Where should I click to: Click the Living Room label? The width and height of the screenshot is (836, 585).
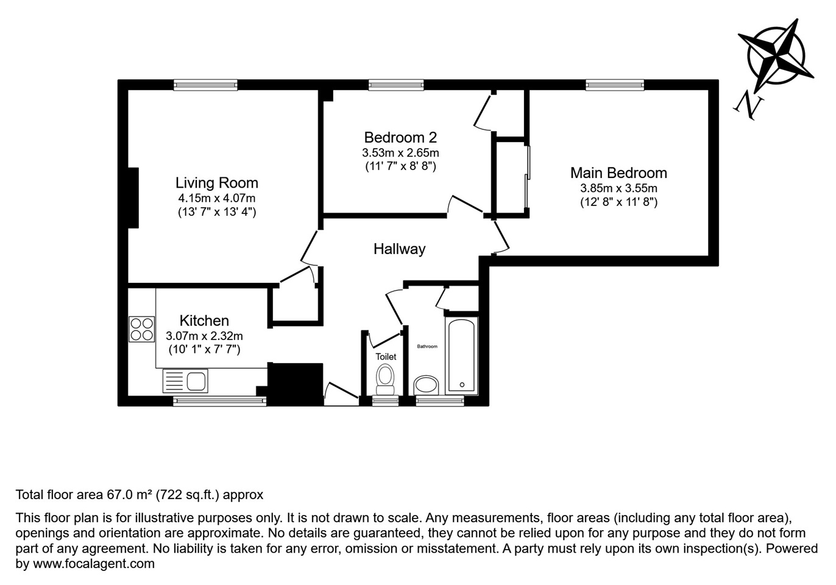tap(217, 183)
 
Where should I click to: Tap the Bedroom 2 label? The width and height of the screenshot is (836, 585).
tap(400, 138)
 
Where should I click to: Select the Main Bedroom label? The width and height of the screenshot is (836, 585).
tap(618, 173)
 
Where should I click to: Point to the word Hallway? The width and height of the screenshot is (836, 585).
tap(399, 249)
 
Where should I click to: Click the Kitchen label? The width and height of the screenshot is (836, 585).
tap(204, 321)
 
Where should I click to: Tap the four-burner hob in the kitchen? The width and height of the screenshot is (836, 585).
tap(142, 329)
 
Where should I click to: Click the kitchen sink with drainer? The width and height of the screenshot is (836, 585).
tap(185, 381)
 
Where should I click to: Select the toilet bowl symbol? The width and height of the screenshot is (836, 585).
tap(385, 379)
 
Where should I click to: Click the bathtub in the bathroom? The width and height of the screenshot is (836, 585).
tap(461, 355)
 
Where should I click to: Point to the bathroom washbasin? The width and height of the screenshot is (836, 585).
tap(426, 385)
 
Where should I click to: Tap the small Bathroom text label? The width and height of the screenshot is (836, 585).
tap(427, 347)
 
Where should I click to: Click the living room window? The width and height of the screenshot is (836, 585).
tap(205, 85)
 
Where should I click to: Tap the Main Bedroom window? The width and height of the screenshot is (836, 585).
tap(615, 85)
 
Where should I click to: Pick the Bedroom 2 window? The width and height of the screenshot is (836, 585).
tap(396, 85)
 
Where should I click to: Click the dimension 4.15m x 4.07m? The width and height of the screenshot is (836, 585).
tap(217, 198)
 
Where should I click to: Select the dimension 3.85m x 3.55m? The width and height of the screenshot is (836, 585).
tap(618, 188)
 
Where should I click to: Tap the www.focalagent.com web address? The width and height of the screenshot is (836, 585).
tap(94, 564)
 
